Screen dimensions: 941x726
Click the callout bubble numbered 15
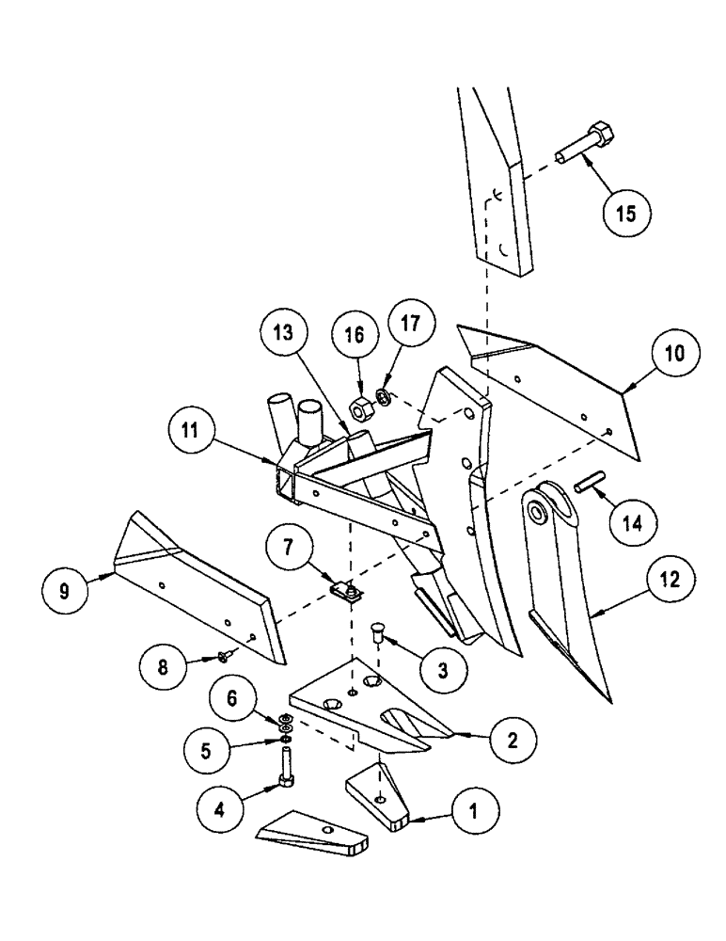click(626, 213)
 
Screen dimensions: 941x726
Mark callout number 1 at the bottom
click(477, 808)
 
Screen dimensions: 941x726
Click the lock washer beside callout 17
click(385, 397)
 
